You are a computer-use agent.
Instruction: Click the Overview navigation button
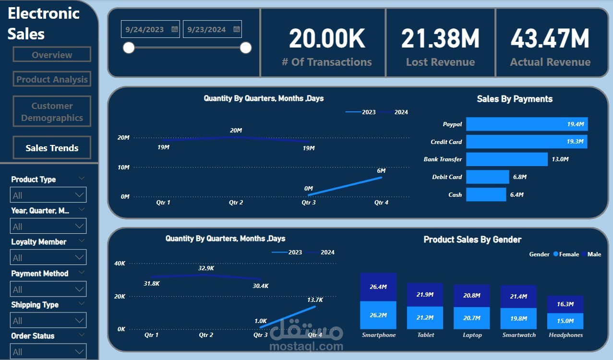tap(52, 55)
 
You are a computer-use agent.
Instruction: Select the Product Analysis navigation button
tap(52, 80)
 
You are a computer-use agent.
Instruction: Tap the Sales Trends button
tap(52, 148)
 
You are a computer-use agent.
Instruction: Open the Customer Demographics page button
tap(52, 112)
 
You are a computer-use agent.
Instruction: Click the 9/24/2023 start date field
tap(145, 29)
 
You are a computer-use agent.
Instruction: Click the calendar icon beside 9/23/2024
tap(237, 29)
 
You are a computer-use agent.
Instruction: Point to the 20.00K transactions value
tap(327, 39)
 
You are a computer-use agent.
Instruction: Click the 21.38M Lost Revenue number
tap(440, 39)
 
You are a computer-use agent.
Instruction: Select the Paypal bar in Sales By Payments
tap(527, 124)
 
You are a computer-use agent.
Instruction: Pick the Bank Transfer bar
tap(506, 159)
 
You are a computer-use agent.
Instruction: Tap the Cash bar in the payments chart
tap(486, 194)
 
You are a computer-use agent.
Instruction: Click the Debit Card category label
tap(447, 177)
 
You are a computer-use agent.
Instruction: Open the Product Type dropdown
tap(48, 195)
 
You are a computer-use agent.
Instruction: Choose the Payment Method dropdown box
tap(48, 289)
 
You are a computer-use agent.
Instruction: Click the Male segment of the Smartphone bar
tap(378, 287)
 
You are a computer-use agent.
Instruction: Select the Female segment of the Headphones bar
tap(565, 321)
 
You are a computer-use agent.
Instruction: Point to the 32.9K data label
tap(206, 268)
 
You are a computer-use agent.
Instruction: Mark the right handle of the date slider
tap(246, 48)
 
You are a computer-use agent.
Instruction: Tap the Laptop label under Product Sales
tap(472, 335)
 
